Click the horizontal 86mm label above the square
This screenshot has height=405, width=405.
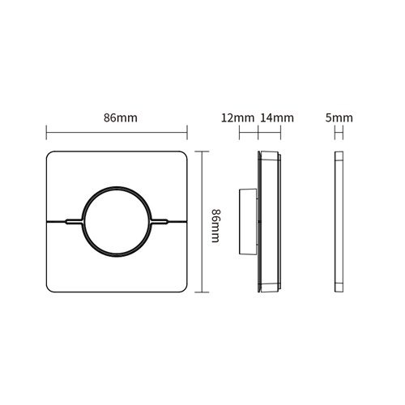[x=120, y=118]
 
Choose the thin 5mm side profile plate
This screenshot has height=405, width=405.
[x=339, y=221]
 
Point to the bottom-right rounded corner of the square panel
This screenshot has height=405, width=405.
[x=184, y=288]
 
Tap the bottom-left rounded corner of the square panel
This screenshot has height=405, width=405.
[x=50, y=288]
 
